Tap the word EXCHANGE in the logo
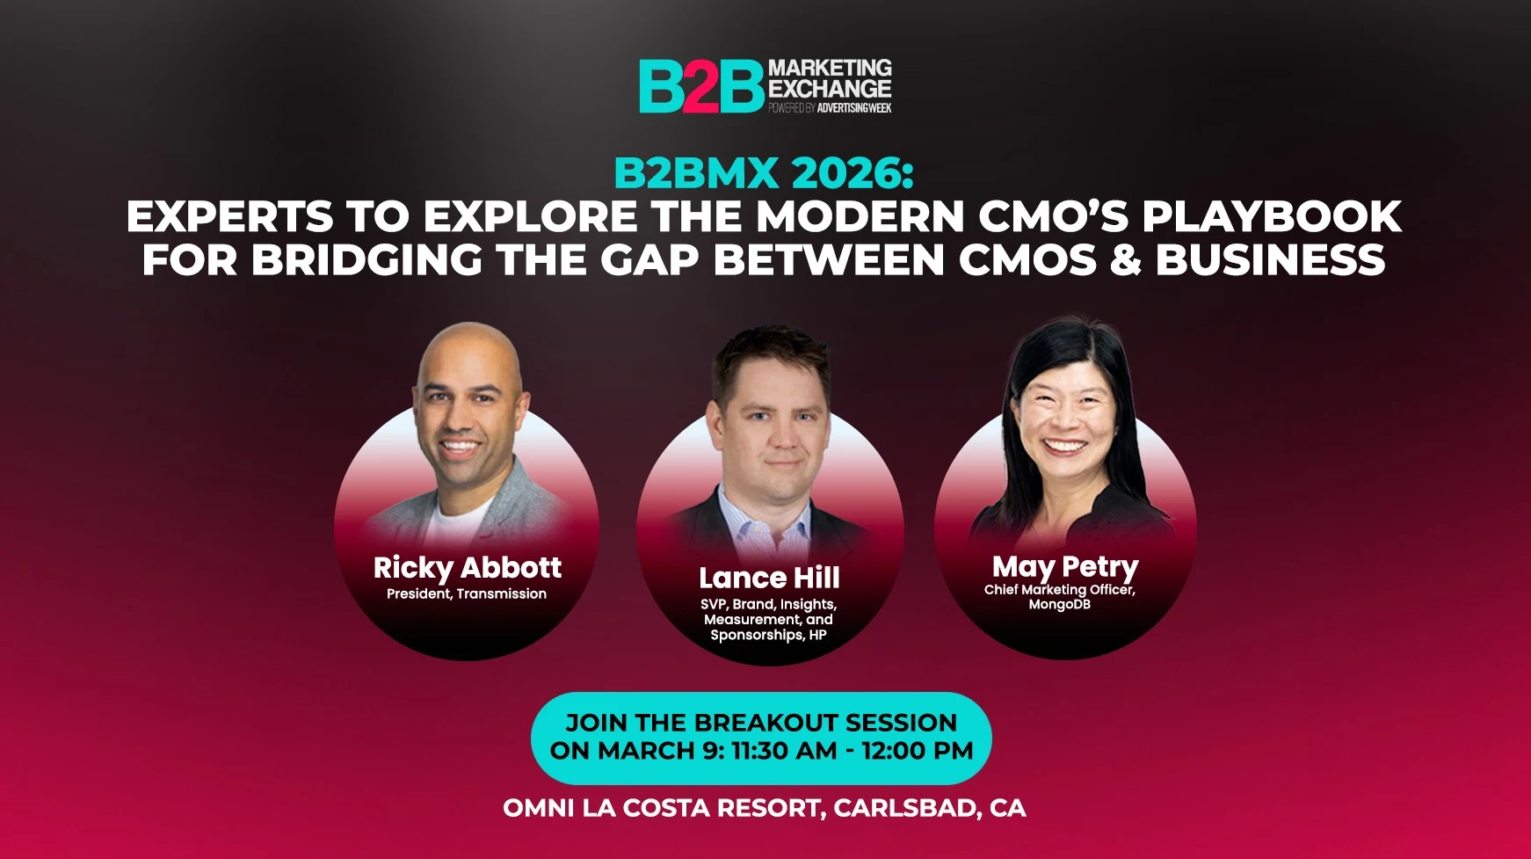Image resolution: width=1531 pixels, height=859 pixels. coord(830,89)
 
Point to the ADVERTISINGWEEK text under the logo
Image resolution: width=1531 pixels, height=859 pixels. coord(854,108)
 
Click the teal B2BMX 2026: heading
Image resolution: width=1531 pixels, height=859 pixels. coord(764,172)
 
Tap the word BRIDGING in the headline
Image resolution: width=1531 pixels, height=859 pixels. coord(367,260)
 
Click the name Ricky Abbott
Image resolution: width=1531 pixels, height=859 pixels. coord(467,567)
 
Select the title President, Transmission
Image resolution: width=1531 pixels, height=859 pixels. coord(467,593)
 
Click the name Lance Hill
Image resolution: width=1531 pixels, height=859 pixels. coord(769,578)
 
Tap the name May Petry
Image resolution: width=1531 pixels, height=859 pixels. coord(1065,567)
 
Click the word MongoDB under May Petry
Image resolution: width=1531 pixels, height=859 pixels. coord(1060,604)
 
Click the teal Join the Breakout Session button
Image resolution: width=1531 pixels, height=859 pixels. coord(761,738)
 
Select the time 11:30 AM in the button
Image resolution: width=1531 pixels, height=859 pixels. coord(784,751)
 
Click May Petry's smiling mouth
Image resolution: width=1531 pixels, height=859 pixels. coord(1063,446)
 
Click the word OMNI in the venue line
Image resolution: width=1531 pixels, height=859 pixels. coord(539,808)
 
